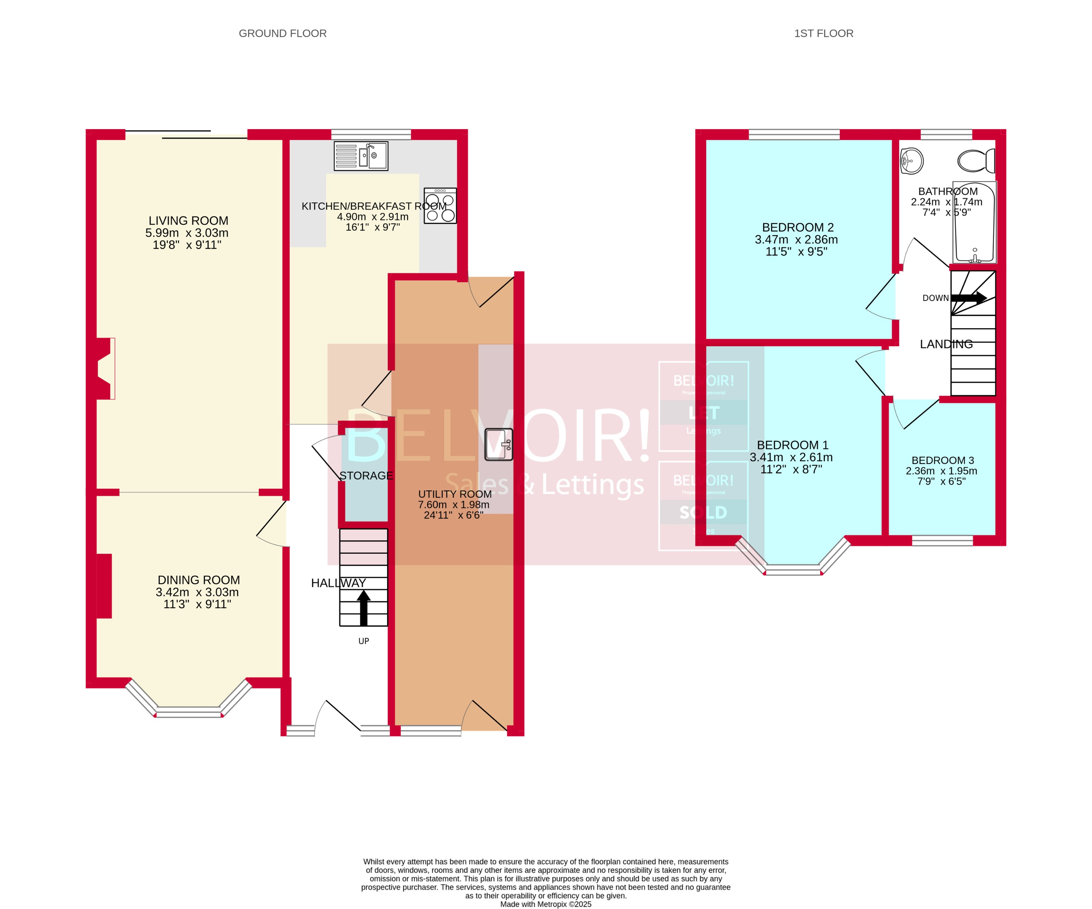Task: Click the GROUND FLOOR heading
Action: (282, 33)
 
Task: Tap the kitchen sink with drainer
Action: (361, 155)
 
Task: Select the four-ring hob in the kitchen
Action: (440, 206)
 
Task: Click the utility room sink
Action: (499, 444)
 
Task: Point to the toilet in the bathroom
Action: (976, 161)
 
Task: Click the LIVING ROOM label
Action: (188, 220)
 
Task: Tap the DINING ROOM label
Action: (199, 580)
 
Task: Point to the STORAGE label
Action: (366, 475)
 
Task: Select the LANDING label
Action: (946, 344)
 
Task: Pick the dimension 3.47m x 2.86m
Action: (796, 240)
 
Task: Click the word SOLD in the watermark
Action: (703, 513)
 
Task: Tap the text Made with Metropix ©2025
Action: (545, 904)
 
